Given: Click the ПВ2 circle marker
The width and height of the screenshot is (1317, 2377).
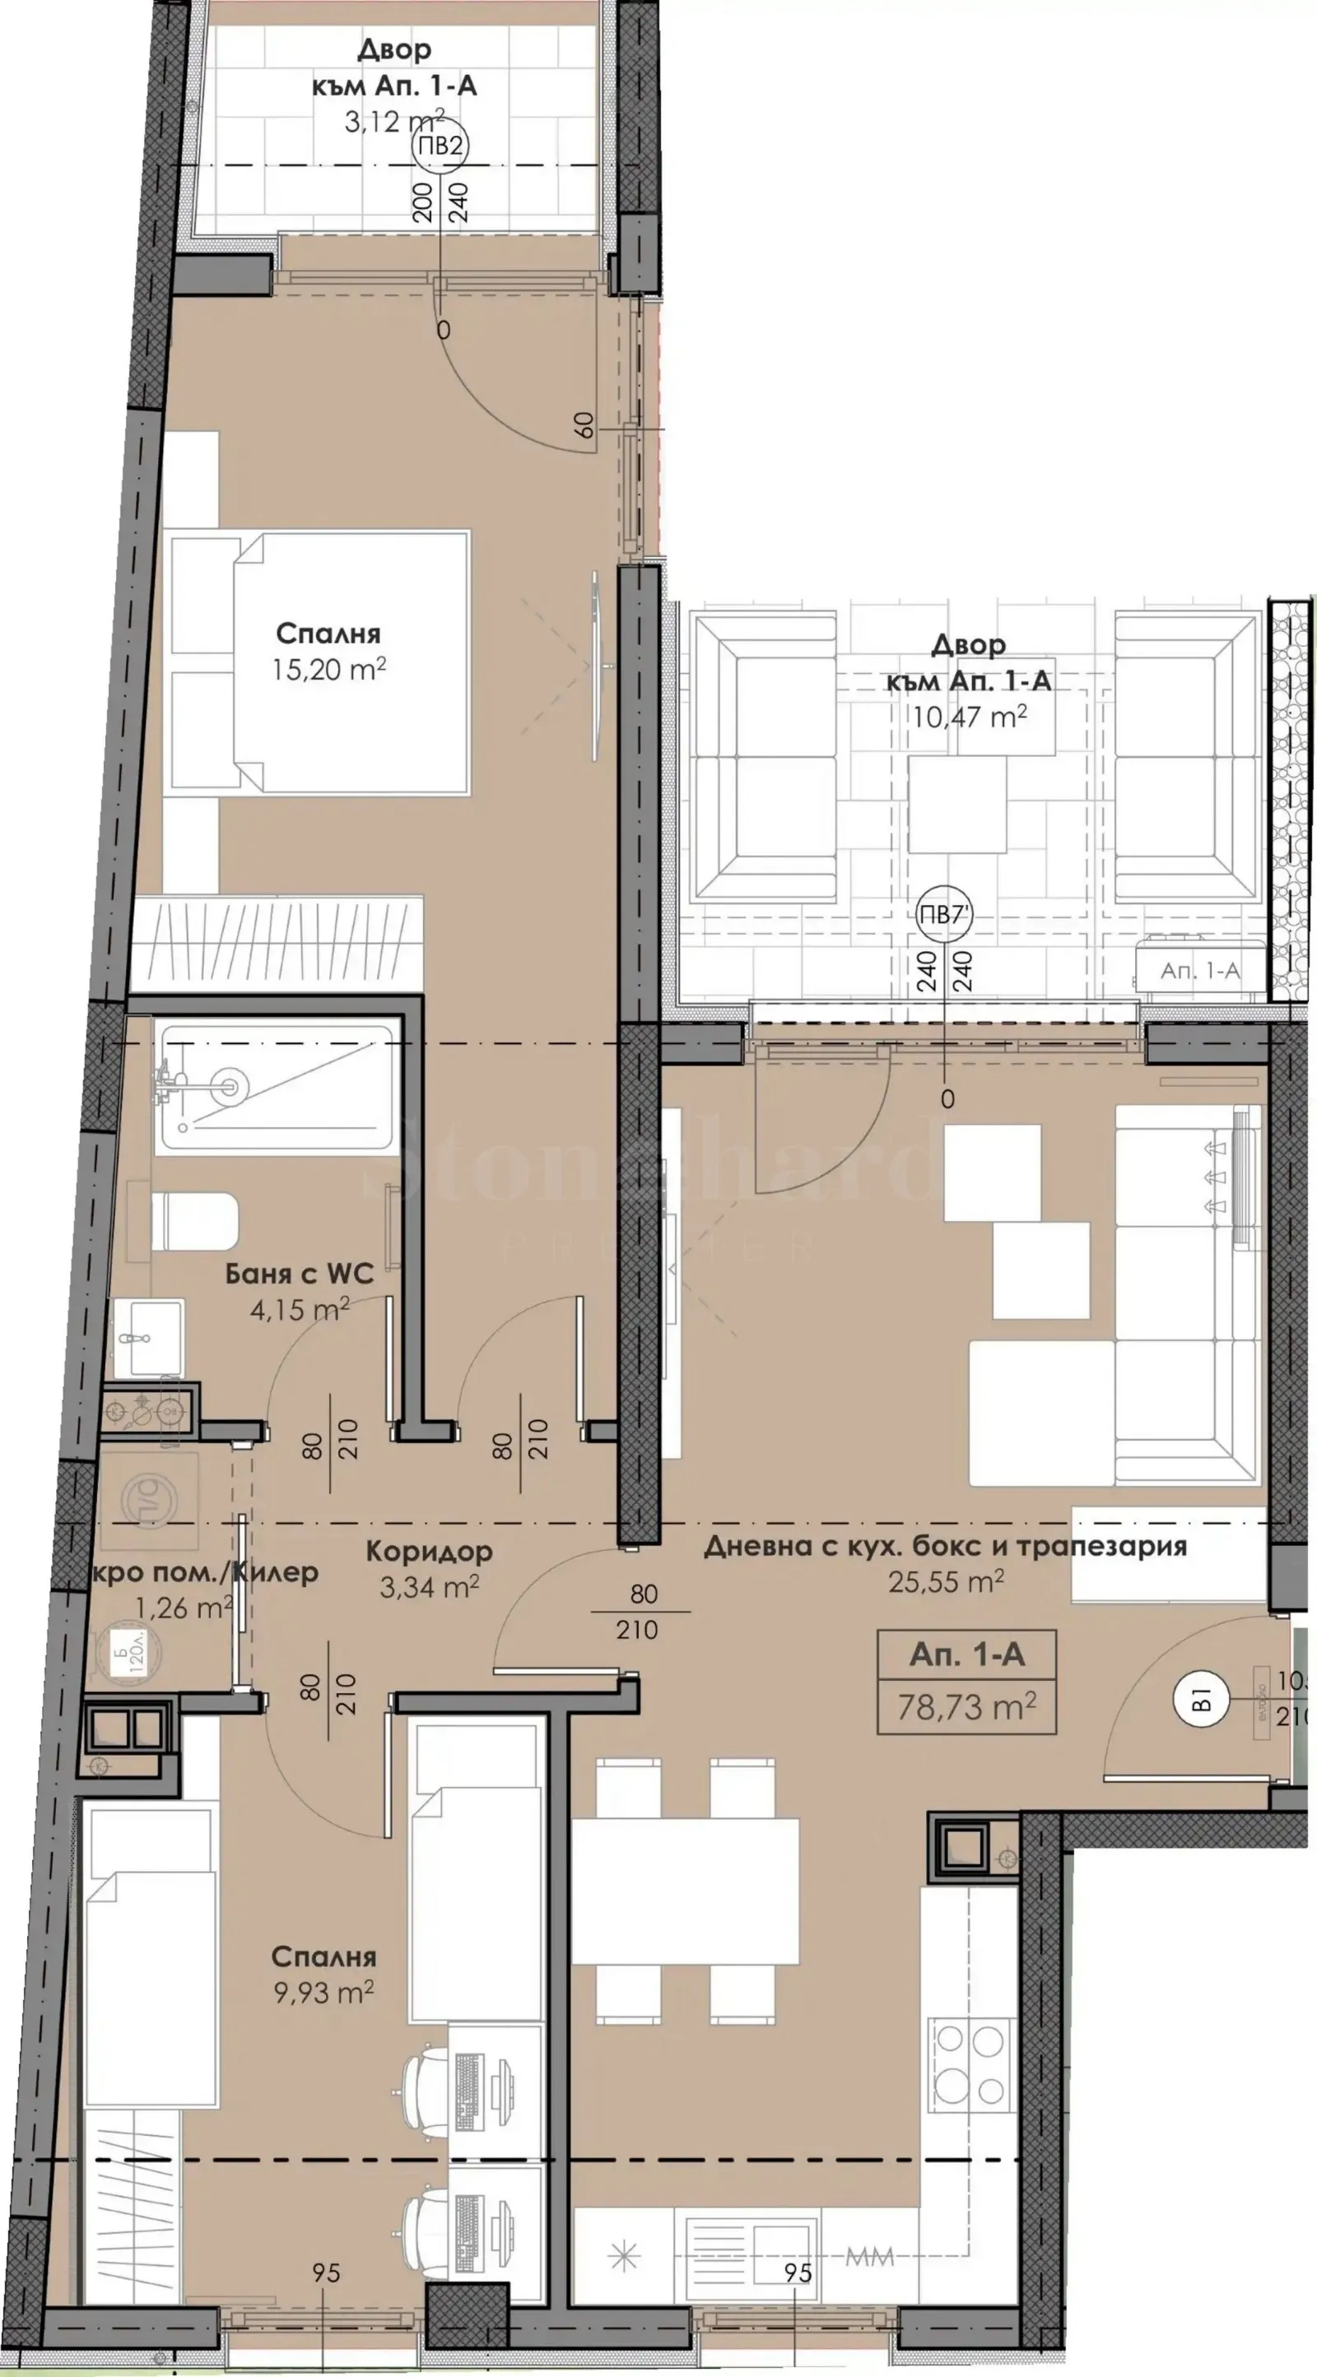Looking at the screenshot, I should click(440, 146).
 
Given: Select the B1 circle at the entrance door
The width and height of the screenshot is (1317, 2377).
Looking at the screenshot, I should click(1200, 1699).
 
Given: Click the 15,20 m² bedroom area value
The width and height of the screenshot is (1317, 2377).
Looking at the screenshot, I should click(328, 669).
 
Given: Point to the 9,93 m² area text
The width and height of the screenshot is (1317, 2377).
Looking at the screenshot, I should click(323, 1992).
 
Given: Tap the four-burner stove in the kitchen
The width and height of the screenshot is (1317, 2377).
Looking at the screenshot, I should click(971, 2059).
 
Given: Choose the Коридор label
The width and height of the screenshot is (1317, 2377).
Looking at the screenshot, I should click(429, 1551).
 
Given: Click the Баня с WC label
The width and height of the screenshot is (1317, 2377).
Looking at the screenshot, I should click(300, 1274).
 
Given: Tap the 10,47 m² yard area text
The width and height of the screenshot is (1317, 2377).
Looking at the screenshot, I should click(969, 716).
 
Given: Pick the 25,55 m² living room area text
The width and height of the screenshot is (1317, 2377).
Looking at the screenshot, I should click(946, 1581).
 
